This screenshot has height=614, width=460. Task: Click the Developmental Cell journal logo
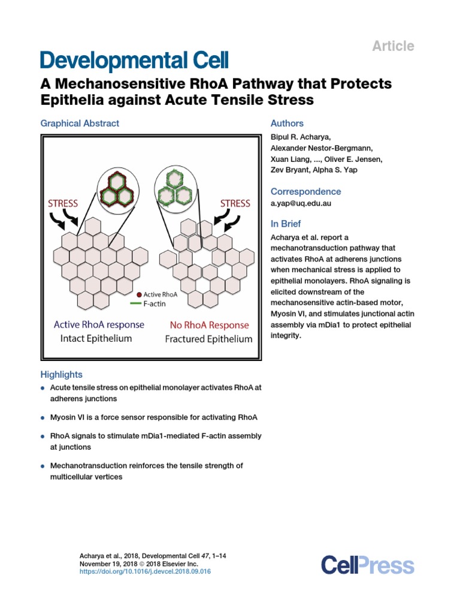(134, 61)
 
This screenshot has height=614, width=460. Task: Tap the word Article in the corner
(394, 46)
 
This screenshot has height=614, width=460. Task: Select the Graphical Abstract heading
(80, 124)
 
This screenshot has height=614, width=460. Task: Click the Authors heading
(287, 124)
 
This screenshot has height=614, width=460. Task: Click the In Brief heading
(286, 224)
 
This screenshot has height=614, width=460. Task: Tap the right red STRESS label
(235, 203)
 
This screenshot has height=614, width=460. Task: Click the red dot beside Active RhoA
(139, 294)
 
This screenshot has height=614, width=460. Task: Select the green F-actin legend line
(142, 304)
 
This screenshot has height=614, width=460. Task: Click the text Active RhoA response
(99, 325)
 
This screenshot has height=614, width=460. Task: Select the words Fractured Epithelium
(208, 339)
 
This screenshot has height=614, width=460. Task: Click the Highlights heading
(62, 375)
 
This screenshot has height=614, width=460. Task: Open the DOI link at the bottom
(145, 572)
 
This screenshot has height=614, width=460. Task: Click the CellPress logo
(367, 565)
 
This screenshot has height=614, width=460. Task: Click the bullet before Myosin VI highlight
(43, 417)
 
